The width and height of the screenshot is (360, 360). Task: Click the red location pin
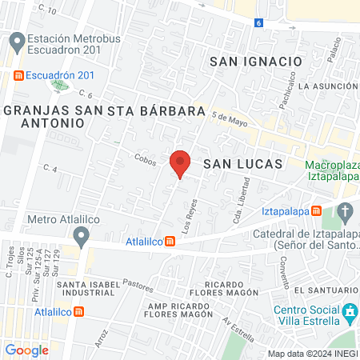click(x=181, y=162)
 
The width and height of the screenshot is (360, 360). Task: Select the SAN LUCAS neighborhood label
click(x=243, y=163)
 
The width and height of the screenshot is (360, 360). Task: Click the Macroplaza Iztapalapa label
click(x=334, y=174)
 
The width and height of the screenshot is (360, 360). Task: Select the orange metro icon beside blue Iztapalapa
click(x=317, y=211)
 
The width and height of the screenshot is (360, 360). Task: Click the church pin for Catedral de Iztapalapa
click(x=346, y=212)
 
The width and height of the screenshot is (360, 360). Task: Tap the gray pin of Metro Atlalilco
click(x=81, y=236)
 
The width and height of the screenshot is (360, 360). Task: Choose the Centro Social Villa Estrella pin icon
click(x=350, y=312)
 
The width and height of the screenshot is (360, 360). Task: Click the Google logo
click(x=27, y=350)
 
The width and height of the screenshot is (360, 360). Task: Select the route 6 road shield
click(x=259, y=22)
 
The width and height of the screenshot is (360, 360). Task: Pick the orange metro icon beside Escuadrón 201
click(x=18, y=75)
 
